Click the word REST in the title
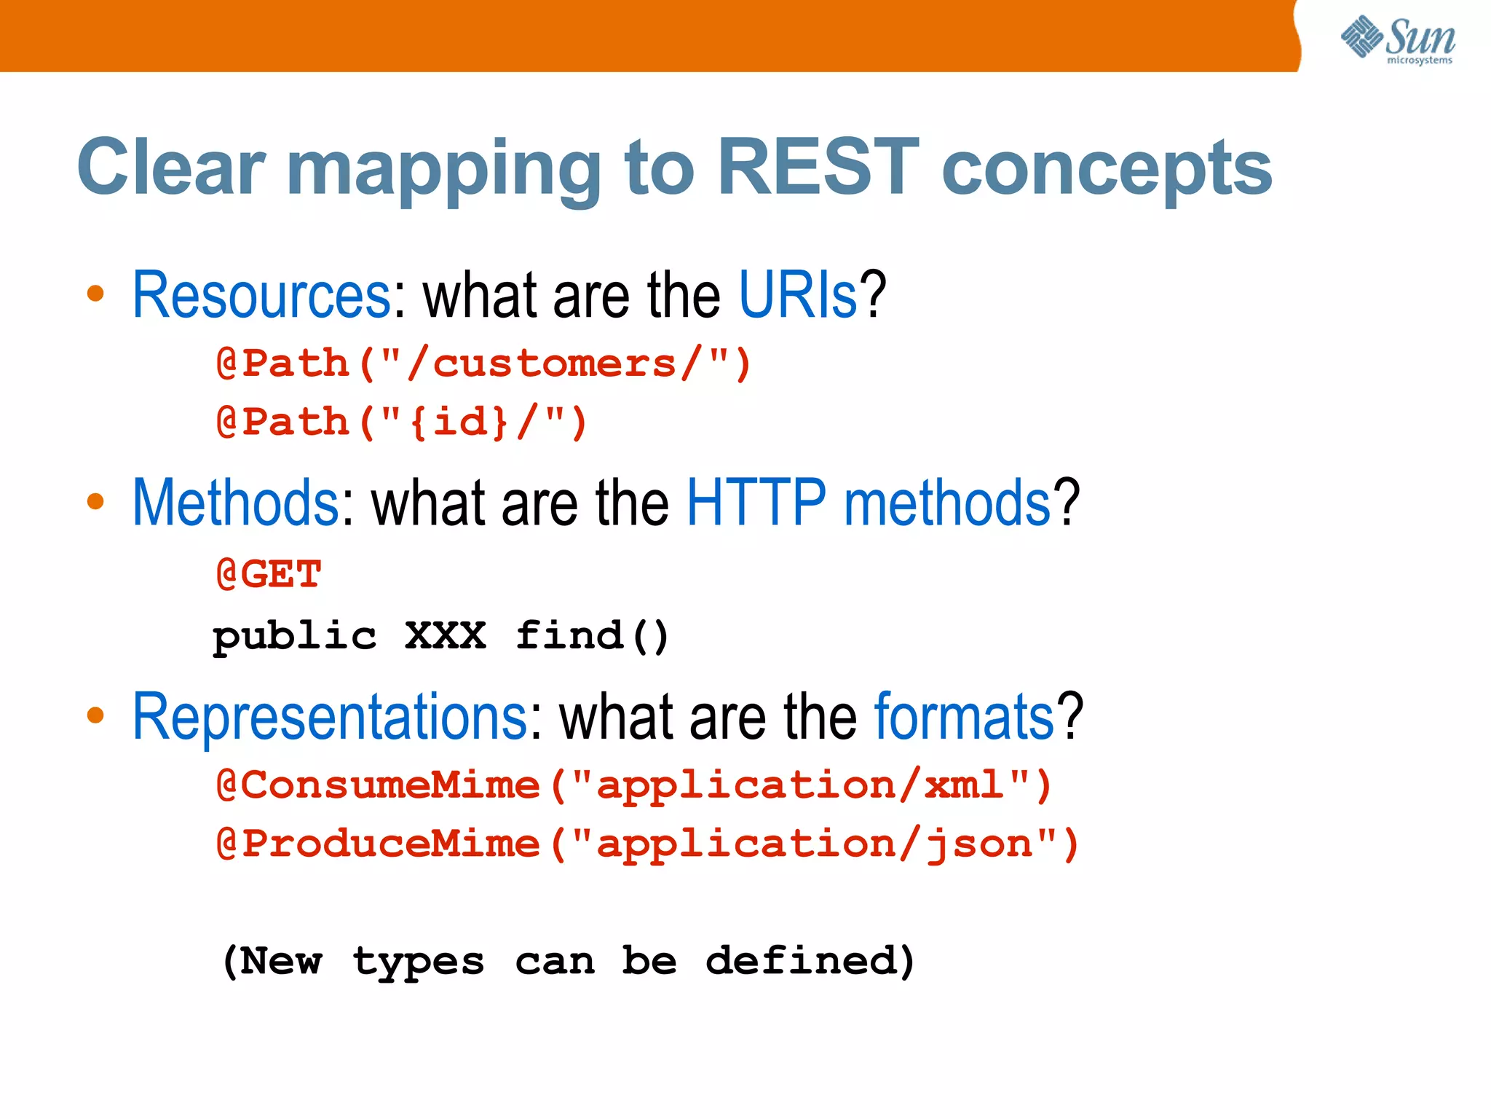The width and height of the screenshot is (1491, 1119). [x=818, y=168]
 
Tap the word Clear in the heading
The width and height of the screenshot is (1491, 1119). [x=171, y=168]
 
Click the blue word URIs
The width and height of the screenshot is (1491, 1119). [x=798, y=295]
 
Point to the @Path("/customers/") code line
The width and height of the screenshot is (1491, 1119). [x=483, y=364]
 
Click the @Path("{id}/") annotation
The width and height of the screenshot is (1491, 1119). [x=402, y=423]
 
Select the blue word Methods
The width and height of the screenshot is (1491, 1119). [x=235, y=503]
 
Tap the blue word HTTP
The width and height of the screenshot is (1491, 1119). [x=756, y=503]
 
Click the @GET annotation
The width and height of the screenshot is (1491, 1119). [x=269, y=575]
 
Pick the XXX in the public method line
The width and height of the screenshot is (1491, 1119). [x=446, y=636]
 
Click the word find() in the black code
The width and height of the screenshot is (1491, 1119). [x=592, y=636]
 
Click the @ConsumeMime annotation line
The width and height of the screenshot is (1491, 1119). [x=634, y=786]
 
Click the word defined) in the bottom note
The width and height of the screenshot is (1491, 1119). [x=810, y=961]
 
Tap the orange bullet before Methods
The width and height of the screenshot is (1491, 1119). [x=95, y=502]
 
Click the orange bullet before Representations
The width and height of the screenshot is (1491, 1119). [x=95, y=715]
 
